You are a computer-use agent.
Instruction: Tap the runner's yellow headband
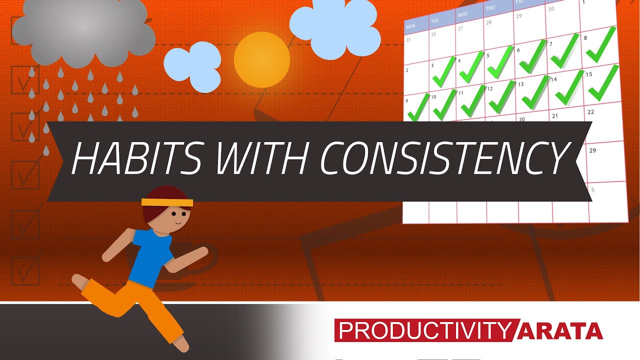(167, 202)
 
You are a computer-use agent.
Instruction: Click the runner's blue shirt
(150, 255)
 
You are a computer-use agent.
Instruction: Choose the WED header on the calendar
(462, 14)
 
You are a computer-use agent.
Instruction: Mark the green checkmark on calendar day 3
(444, 73)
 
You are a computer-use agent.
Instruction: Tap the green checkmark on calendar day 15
(603, 83)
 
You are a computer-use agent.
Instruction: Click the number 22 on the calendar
(590, 112)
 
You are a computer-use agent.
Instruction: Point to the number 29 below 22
(592, 150)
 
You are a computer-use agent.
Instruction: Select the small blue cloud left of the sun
(192, 67)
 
